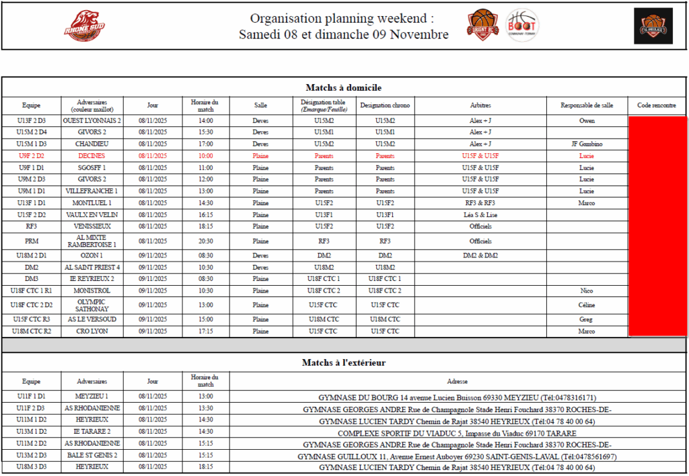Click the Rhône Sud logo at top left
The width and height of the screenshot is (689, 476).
click(84, 26)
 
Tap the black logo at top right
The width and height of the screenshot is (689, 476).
click(653, 26)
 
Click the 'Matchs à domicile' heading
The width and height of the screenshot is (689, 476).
click(344, 87)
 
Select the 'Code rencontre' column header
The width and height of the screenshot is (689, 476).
click(656, 106)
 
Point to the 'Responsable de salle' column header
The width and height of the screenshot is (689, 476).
click(587, 106)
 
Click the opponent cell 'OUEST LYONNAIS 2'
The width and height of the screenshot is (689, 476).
click(92, 121)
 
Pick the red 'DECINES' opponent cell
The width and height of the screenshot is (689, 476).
click(92, 156)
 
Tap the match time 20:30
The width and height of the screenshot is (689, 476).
click(206, 241)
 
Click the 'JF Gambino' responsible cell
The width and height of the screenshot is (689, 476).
click(587, 144)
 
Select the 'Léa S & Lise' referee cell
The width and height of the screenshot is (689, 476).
click(480, 214)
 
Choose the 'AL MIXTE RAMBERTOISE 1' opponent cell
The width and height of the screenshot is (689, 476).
click(92, 241)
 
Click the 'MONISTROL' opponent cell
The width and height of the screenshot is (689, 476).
click(92, 291)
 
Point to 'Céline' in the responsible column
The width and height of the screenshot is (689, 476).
click(587, 305)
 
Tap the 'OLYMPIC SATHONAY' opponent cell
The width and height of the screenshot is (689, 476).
click(92, 305)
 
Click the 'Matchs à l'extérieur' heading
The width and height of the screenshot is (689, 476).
click(344, 362)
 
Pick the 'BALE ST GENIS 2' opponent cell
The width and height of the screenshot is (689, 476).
click(92, 455)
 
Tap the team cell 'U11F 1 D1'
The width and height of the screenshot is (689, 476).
click(31, 397)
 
